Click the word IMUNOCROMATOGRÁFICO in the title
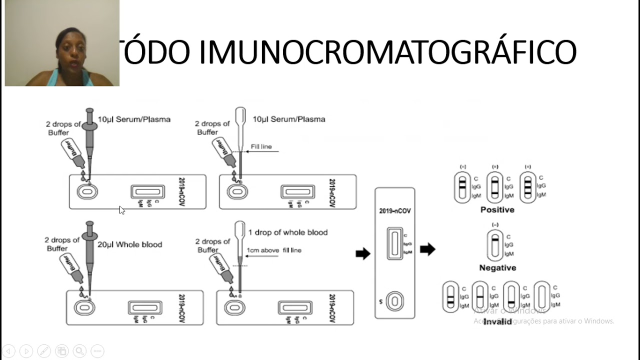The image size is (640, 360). click(387, 52)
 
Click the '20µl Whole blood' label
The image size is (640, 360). click(129, 244)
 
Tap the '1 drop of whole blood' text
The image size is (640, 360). click(287, 232)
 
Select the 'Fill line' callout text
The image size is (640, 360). click(261, 147)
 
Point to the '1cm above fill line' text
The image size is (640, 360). click(273, 250)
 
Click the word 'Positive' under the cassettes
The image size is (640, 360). click(497, 209)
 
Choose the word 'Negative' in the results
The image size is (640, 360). click(497, 267)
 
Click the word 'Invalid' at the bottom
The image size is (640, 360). click(497, 321)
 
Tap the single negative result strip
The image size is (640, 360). click(494, 245)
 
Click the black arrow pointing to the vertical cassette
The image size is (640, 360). click(362, 253)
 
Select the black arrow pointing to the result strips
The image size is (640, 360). click(427, 249)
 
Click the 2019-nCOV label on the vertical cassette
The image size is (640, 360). click(394, 211)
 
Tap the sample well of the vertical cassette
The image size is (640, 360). click(394, 301)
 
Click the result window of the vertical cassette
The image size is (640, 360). click(394, 243)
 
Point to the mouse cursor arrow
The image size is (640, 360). click(121, 210)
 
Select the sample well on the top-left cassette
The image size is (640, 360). click(86, 191)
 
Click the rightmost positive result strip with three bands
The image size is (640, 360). click(527, 187)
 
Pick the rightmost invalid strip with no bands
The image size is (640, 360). click(541, 296)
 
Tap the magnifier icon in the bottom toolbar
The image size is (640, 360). click(79, 350)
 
